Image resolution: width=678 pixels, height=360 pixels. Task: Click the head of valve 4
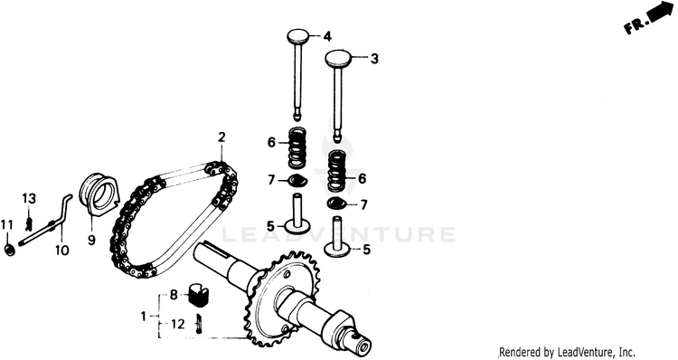(x=299, y=36)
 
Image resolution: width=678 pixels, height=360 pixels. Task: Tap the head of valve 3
(x=339, y=58)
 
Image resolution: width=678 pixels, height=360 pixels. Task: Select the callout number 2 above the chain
(x=221, y=137)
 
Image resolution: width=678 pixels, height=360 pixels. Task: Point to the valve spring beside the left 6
(x=297, y=148)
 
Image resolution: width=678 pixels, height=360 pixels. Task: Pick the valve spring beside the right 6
(x=339, y=170)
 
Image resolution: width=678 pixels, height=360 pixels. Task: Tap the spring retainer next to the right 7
(x=337, y=203)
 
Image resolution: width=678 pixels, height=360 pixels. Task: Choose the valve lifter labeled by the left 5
(x=297, y=214)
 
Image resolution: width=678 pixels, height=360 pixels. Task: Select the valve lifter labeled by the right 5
(x=338, y=236)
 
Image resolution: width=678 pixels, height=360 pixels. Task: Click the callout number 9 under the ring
(x=91, y=240)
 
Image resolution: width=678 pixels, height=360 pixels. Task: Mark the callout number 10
(x=61, y=250)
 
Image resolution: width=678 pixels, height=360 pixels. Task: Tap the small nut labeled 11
(x=9, y=250)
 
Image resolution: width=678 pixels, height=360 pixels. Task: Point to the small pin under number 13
(x=30, y=223)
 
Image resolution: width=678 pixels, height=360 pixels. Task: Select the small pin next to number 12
(x=199, y=323)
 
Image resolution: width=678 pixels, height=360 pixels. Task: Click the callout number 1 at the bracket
(x=144, y=317)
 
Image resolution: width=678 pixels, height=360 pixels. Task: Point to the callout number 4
(x=327, y=37)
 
